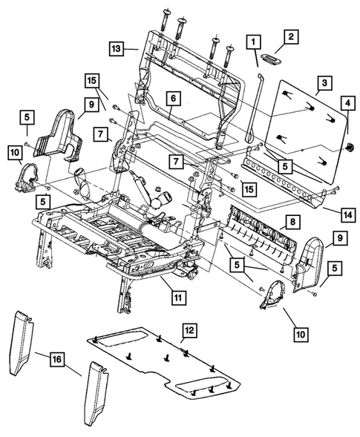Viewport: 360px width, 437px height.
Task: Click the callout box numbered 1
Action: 254,42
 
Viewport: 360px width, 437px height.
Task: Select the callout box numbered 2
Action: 290,36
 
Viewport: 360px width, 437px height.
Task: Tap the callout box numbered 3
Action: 324,83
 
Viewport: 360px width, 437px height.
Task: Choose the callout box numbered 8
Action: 293,221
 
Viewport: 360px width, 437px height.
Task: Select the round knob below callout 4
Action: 347,145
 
